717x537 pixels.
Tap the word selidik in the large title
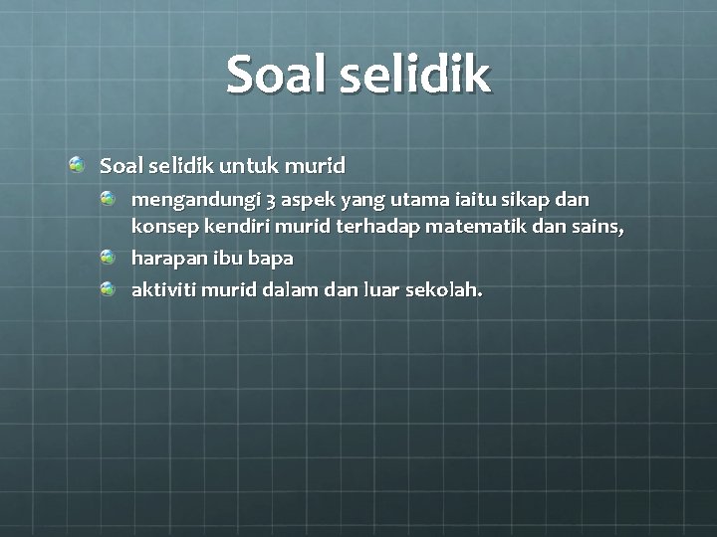(x=415, y=76)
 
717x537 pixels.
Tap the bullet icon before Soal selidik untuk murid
(x=77, y=162)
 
